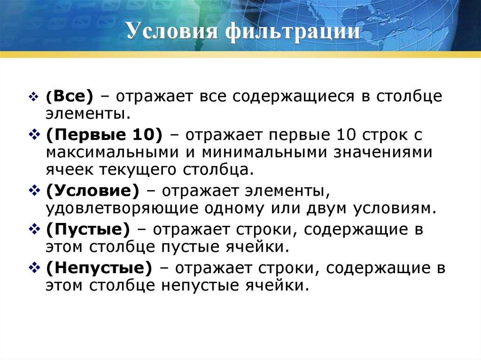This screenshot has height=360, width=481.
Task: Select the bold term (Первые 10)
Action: pos(104,135)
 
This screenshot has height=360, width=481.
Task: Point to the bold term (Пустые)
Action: pos(87,230)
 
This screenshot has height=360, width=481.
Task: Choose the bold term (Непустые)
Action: pos(99,268)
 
